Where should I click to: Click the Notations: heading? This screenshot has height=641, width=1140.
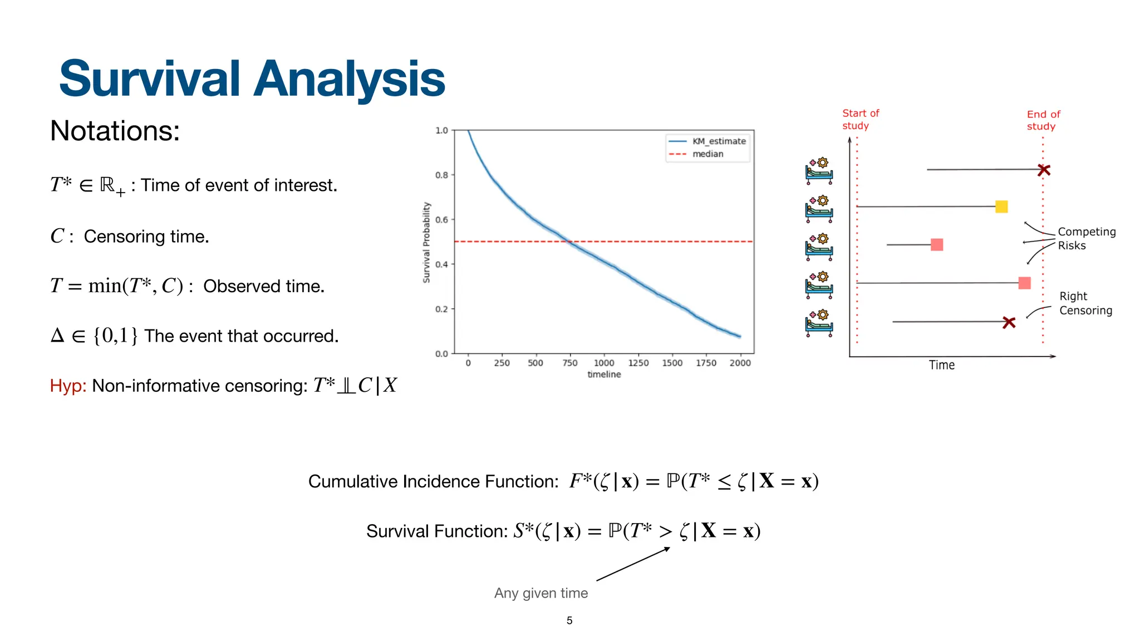(115, 131)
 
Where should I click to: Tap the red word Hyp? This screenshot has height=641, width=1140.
(68, 386)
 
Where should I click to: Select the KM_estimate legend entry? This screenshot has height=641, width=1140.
(718, 141)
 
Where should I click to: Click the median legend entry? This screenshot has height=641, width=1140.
(707, 154)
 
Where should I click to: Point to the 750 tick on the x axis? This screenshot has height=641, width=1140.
(569, 363)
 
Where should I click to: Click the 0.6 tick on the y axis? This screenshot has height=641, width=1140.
(441, 220)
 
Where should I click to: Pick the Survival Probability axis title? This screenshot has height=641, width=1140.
(426, 242)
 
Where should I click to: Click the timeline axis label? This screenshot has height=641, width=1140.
(604, 374)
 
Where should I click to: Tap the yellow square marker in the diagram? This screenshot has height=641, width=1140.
(1001, 207)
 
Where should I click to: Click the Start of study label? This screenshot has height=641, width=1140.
(859, 120)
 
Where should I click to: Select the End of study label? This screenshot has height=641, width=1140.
(1043, 120)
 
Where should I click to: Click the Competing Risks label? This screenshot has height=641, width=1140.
(1085, 239)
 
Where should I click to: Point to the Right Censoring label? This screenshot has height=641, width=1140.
(1085, 303)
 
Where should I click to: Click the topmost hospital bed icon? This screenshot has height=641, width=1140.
(819, 171)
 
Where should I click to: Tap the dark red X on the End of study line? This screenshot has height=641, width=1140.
(1044, 170)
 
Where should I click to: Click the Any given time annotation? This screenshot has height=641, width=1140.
(540, 593)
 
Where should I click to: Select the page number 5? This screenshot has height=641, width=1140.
(569, 620)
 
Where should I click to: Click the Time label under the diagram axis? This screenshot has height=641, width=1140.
(941, 365)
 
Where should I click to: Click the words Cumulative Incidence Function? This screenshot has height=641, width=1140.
(433, 481)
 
